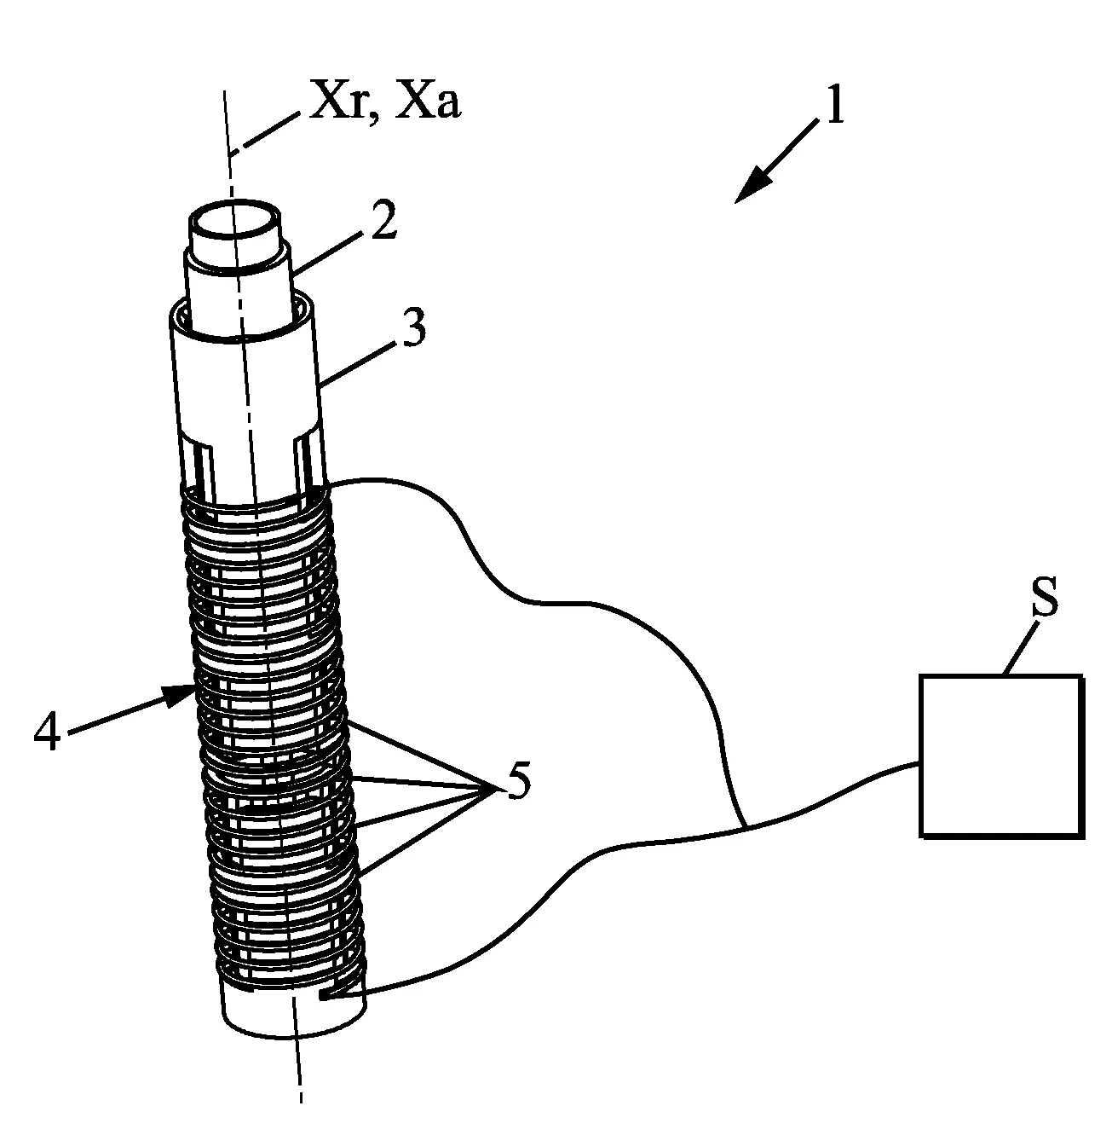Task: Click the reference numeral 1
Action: pyautogui.click(x=834, y=105)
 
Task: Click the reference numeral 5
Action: pyautogui.click(x=517, y=780)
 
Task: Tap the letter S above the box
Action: pyautogui.click(x=1045, y=595)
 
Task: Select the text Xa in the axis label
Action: pyautogui.click(x=428, y=101)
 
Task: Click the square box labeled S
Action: pyautogui.click(x=1000, y=756)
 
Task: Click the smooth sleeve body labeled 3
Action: pyautogui.click(x=246, y=381)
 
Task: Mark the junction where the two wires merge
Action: pyautogui.click(x=745, y=826)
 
